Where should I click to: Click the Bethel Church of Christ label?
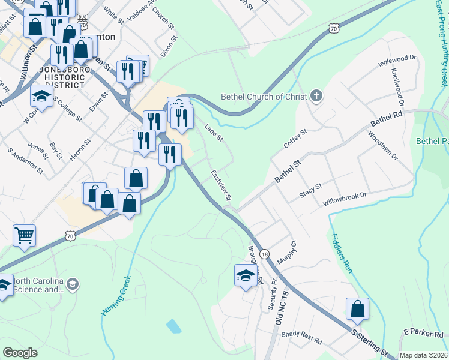pos(264,96)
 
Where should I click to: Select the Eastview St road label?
pos(221,185)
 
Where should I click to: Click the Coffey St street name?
pos(295,139)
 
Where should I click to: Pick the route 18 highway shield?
pos(265,255)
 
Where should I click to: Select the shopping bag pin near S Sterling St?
pos(357,309)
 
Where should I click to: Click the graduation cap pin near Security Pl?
pos(245,275)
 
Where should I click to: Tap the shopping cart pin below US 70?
pos(24,236)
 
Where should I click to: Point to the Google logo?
pos(20,353)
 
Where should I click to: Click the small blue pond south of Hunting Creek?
pos(173,326)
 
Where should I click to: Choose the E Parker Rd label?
pos(423,333)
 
